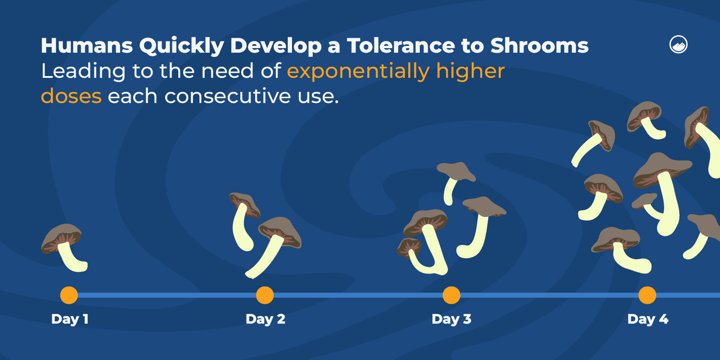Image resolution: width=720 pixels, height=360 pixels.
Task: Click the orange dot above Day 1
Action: [69, 295]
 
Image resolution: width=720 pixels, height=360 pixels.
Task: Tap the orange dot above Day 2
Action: [265, 295]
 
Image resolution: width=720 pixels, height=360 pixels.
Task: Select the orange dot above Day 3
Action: [451, 295]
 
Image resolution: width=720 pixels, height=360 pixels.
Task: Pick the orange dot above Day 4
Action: [647, 295]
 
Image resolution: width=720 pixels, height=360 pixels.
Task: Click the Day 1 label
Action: [70, 319]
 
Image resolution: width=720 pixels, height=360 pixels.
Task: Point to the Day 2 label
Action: [265, 319]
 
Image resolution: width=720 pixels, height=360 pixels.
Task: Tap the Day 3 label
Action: [451, 319]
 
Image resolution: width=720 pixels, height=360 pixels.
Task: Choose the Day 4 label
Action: [648, 319]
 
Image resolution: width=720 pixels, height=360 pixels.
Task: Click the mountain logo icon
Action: [679, 45]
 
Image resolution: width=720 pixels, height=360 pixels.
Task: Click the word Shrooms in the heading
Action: [539, 46]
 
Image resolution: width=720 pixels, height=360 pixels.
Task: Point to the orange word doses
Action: [71, 96]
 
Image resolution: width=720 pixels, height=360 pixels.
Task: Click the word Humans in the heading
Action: [87, 46]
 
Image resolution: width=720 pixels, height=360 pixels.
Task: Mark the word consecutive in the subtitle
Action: [228, 96]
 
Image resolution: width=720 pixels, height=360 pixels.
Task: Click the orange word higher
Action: [470, 71]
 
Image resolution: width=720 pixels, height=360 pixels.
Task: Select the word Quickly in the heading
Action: [181, 46]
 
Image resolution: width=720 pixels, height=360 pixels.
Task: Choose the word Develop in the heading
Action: [276, 46]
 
